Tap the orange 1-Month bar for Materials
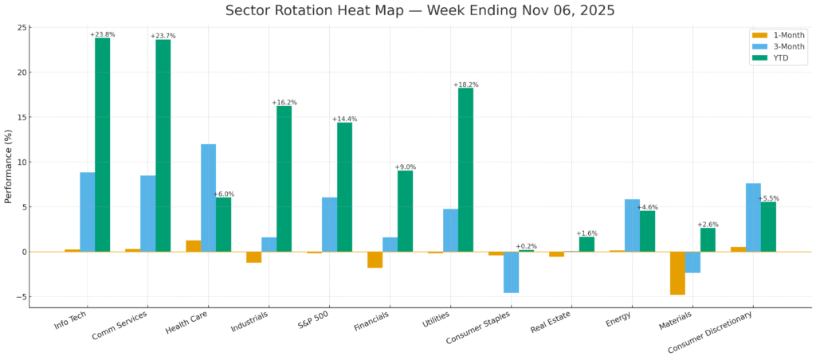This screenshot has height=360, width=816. [x=677, y=273]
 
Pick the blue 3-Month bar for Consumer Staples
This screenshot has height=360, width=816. [x=511, y=272]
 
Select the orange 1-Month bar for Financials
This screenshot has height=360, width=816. [x=375, y=260]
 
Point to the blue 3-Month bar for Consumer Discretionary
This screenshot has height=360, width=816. [x=753, y=217]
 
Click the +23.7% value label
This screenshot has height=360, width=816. [x=163, y=36]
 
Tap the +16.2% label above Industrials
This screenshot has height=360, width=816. [x=284, y=103]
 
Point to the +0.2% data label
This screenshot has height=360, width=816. [x=526, y=246]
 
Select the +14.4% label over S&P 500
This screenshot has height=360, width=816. [x=344, y=119]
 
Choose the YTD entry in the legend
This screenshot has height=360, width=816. [x=779, y=58]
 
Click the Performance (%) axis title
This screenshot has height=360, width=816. [x=9, y=166]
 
